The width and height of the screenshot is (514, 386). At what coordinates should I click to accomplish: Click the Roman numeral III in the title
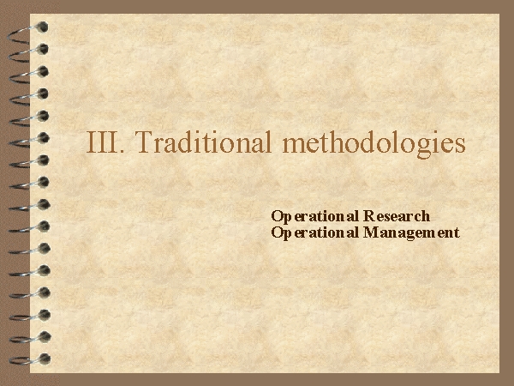pos(102,142)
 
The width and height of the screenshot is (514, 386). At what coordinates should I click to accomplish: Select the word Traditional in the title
pos(202,142)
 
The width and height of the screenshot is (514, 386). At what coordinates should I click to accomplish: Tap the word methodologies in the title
pos(374,144)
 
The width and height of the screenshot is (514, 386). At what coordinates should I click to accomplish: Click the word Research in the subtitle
pos(397,216)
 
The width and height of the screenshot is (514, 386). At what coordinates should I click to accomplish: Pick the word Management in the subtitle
pos(411,233)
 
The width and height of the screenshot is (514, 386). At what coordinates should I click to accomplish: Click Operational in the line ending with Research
pos(314,217)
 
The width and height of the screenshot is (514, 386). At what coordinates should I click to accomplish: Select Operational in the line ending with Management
pos(314,233)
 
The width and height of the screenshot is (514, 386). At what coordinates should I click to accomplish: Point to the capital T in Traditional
pos(143,142)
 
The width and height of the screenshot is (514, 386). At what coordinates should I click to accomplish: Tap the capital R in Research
pos(368,216)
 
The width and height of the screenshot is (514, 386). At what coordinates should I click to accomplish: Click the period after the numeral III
pos(123,151)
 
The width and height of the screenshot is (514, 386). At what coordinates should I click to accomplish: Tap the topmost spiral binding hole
pos(43,27)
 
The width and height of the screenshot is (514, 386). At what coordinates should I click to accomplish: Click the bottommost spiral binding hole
pos(45,359)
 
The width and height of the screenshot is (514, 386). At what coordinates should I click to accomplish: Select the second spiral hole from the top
pos(43,49)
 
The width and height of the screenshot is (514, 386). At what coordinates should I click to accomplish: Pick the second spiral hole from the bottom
pos(45,337)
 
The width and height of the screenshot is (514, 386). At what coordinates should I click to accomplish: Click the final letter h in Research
pos(426,216)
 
